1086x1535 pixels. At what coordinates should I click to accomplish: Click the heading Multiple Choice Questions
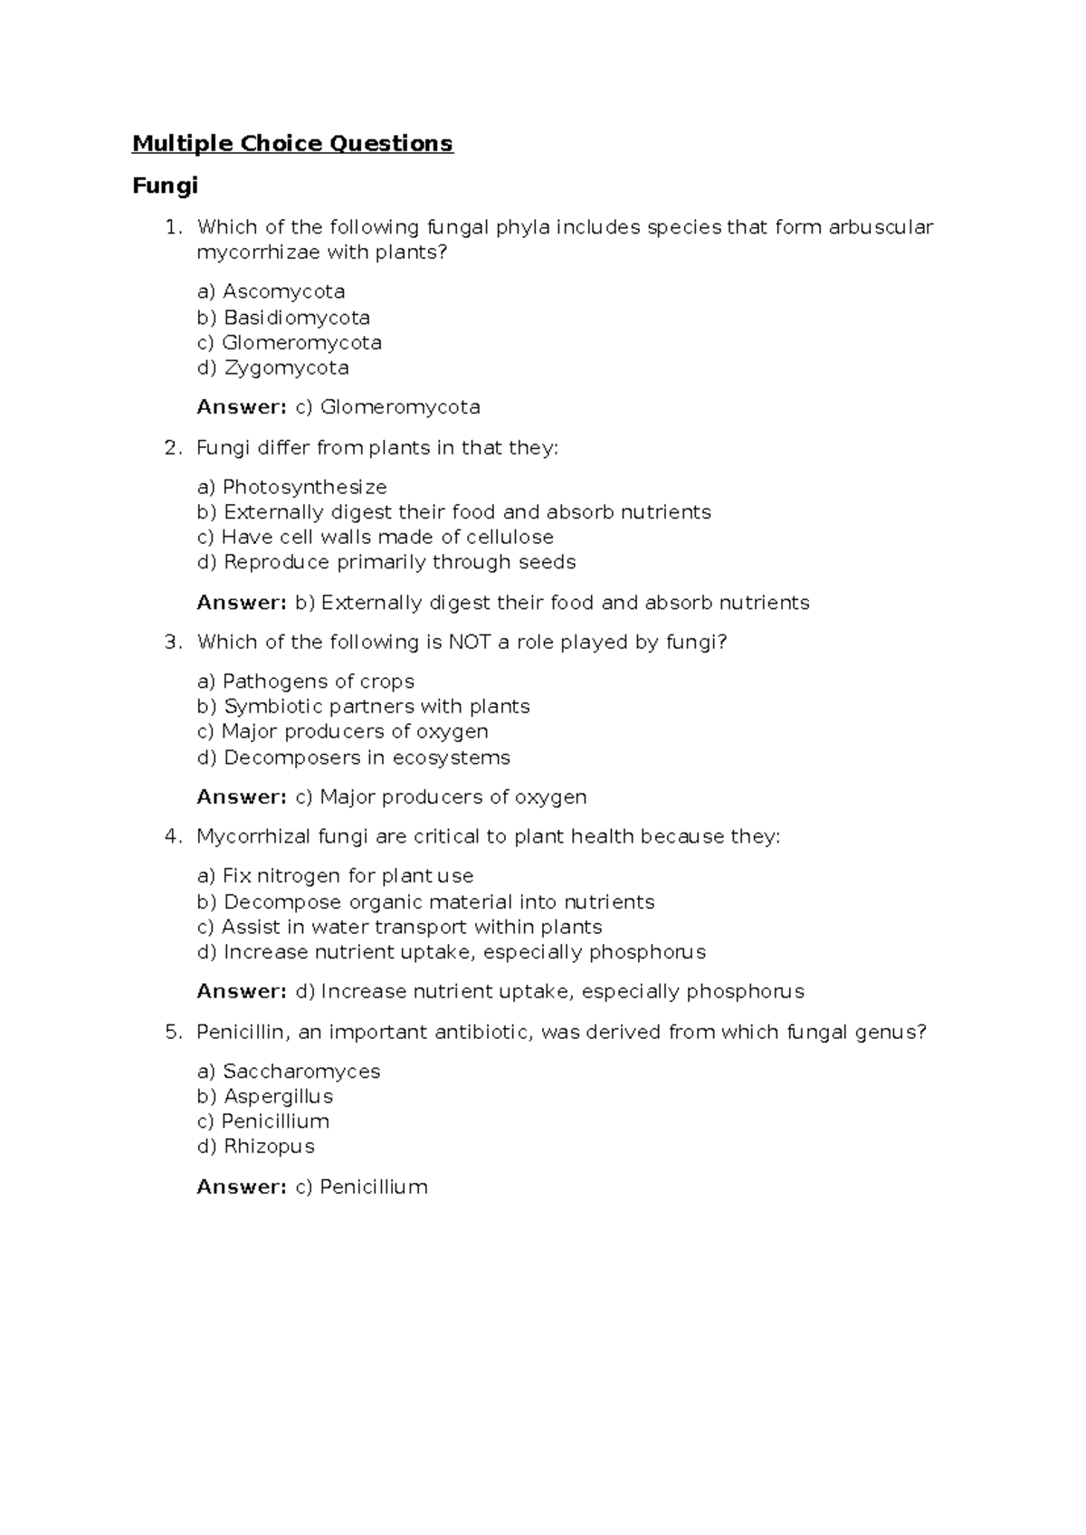tap(292, 144)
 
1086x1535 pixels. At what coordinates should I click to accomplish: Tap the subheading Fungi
tap(165, 186)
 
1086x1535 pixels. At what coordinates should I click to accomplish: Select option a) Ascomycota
tap(271, 291)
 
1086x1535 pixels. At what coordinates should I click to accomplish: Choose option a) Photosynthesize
tap(291, 487)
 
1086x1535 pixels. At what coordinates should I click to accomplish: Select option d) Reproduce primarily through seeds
tap(386, 562)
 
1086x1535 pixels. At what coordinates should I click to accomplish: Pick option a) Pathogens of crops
tap(305, 682)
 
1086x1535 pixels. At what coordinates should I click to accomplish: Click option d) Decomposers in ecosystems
tap(353, 758)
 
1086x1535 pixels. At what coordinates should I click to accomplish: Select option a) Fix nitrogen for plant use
tap(335, 876)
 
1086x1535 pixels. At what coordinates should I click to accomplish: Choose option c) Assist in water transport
tap(399, 927)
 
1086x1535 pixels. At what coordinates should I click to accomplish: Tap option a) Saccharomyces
tap(288, 1072)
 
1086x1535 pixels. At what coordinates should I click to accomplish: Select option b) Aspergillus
tap(264, 1097)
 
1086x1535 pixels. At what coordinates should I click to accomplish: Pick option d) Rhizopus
tap(255, 1147)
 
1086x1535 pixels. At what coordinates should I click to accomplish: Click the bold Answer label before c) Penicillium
tap(242, 1187)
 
